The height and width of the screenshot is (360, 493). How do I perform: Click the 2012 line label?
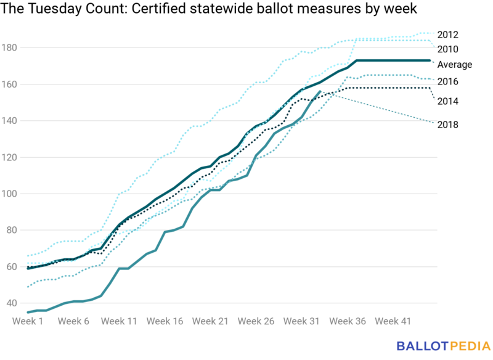click(447, 35)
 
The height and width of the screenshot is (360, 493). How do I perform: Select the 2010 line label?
click(447, 49)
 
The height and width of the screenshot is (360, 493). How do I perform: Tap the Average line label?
click(454, 65)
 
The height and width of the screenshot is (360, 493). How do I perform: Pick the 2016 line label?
click(447, 81)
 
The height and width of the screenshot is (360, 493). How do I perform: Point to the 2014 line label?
click(447, 101)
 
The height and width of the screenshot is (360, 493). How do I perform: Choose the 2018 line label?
click(447, 125)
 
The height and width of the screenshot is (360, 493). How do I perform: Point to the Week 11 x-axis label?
click(119, 321)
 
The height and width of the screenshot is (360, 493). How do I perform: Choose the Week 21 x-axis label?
click(211, 321)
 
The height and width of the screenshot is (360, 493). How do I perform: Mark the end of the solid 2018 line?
click(320, 91)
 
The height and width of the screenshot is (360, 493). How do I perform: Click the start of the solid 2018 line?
click(28, 313)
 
